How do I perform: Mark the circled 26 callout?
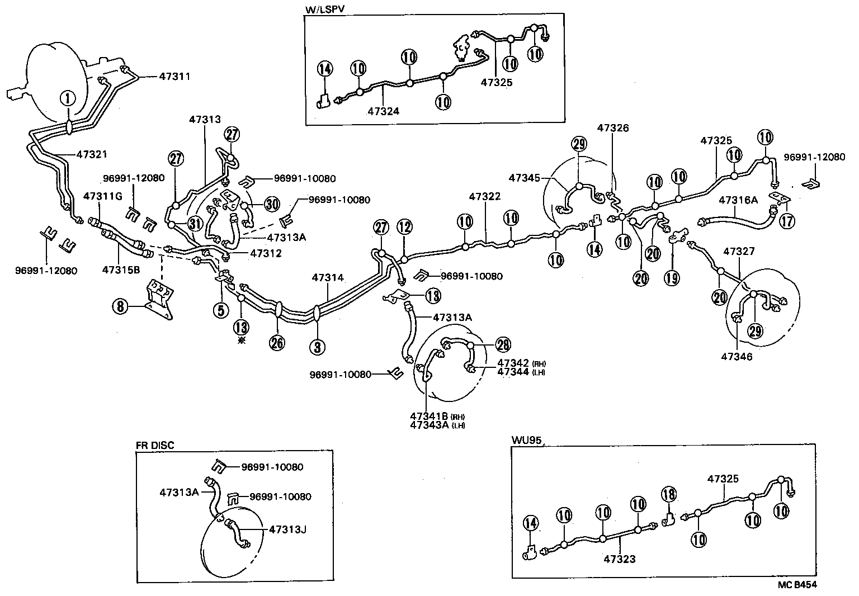[277, 342]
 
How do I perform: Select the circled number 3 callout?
[317, 347]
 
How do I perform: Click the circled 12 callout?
[404, 227]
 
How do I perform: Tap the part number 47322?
[485, 196]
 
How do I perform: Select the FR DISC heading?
[155, 445]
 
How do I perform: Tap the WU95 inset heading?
[527, 439]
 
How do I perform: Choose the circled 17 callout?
[787, 221]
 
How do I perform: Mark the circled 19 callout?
[673, 277]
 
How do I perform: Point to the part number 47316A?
[738, 200]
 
